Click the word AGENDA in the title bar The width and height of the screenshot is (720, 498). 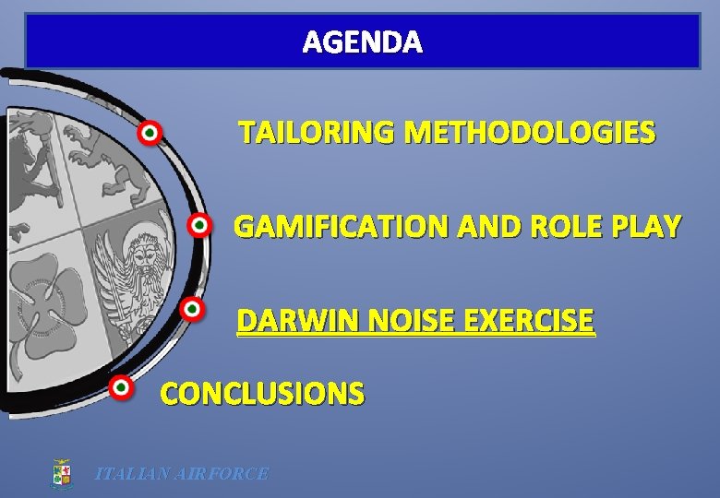[x=363, y=42]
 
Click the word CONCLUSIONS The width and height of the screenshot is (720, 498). [x=262, y=394]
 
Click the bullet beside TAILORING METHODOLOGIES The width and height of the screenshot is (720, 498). [x=150, y=134]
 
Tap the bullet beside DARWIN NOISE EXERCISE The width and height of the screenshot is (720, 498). [x=191, y=309]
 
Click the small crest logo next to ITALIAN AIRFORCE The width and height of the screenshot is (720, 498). [x=62, y=474]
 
